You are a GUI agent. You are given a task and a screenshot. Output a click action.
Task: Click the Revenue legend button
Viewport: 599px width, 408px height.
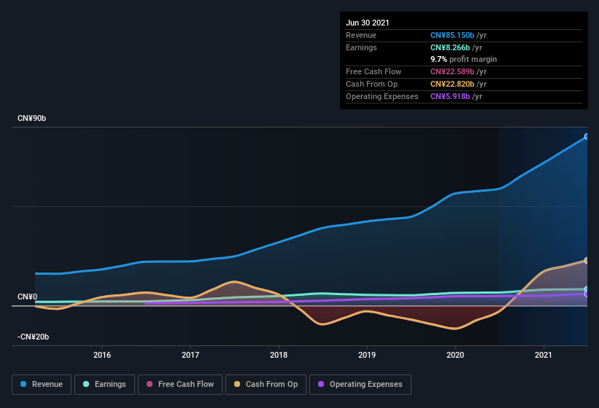pos(42,384)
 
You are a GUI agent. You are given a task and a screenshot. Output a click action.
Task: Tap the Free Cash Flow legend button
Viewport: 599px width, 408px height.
pos(180,384)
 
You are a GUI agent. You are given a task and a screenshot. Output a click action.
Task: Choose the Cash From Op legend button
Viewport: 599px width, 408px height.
pos(265,384)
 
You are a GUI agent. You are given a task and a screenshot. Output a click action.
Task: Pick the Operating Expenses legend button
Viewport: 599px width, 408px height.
pos(360,384)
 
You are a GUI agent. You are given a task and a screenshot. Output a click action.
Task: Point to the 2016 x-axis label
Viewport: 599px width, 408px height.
pos(102,355)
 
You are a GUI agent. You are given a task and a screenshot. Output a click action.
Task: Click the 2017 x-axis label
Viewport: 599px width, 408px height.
pos(190,355)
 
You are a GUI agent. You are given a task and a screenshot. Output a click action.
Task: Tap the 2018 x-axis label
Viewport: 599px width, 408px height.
pos(279,355)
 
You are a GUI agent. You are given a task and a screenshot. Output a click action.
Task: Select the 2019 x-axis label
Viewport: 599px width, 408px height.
pos(367,355)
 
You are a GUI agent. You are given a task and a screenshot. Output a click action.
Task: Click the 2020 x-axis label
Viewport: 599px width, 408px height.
pos(455,355)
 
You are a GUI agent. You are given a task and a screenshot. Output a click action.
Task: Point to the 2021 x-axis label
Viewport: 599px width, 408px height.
pos(544,355)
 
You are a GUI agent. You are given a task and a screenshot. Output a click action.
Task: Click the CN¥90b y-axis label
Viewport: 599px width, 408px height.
pos(36,118)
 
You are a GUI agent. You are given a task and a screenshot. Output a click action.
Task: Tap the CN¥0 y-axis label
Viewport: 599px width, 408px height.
pos(27,297)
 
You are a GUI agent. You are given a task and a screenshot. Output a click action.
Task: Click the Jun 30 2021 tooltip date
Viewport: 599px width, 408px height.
pos(368,23)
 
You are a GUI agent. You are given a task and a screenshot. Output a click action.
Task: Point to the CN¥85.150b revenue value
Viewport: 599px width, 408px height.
pos(452,35)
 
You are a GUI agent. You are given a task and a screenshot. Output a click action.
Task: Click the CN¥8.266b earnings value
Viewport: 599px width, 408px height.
pos(450,47)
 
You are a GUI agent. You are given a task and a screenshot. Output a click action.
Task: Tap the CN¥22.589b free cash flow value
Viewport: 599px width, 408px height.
pos(452,71)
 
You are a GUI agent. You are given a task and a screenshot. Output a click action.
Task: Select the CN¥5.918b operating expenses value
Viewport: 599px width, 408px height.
pos(450,96)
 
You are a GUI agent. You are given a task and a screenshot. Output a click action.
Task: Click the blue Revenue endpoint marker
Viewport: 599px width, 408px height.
pos(587,136)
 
